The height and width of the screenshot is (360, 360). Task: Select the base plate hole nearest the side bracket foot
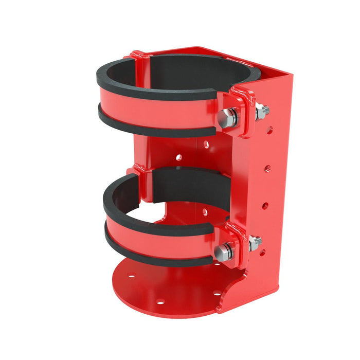[x=216, y=294]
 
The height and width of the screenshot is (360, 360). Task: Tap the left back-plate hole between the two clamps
[x=178, y=157]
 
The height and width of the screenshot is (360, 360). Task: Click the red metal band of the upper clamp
[x=154, y=108]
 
